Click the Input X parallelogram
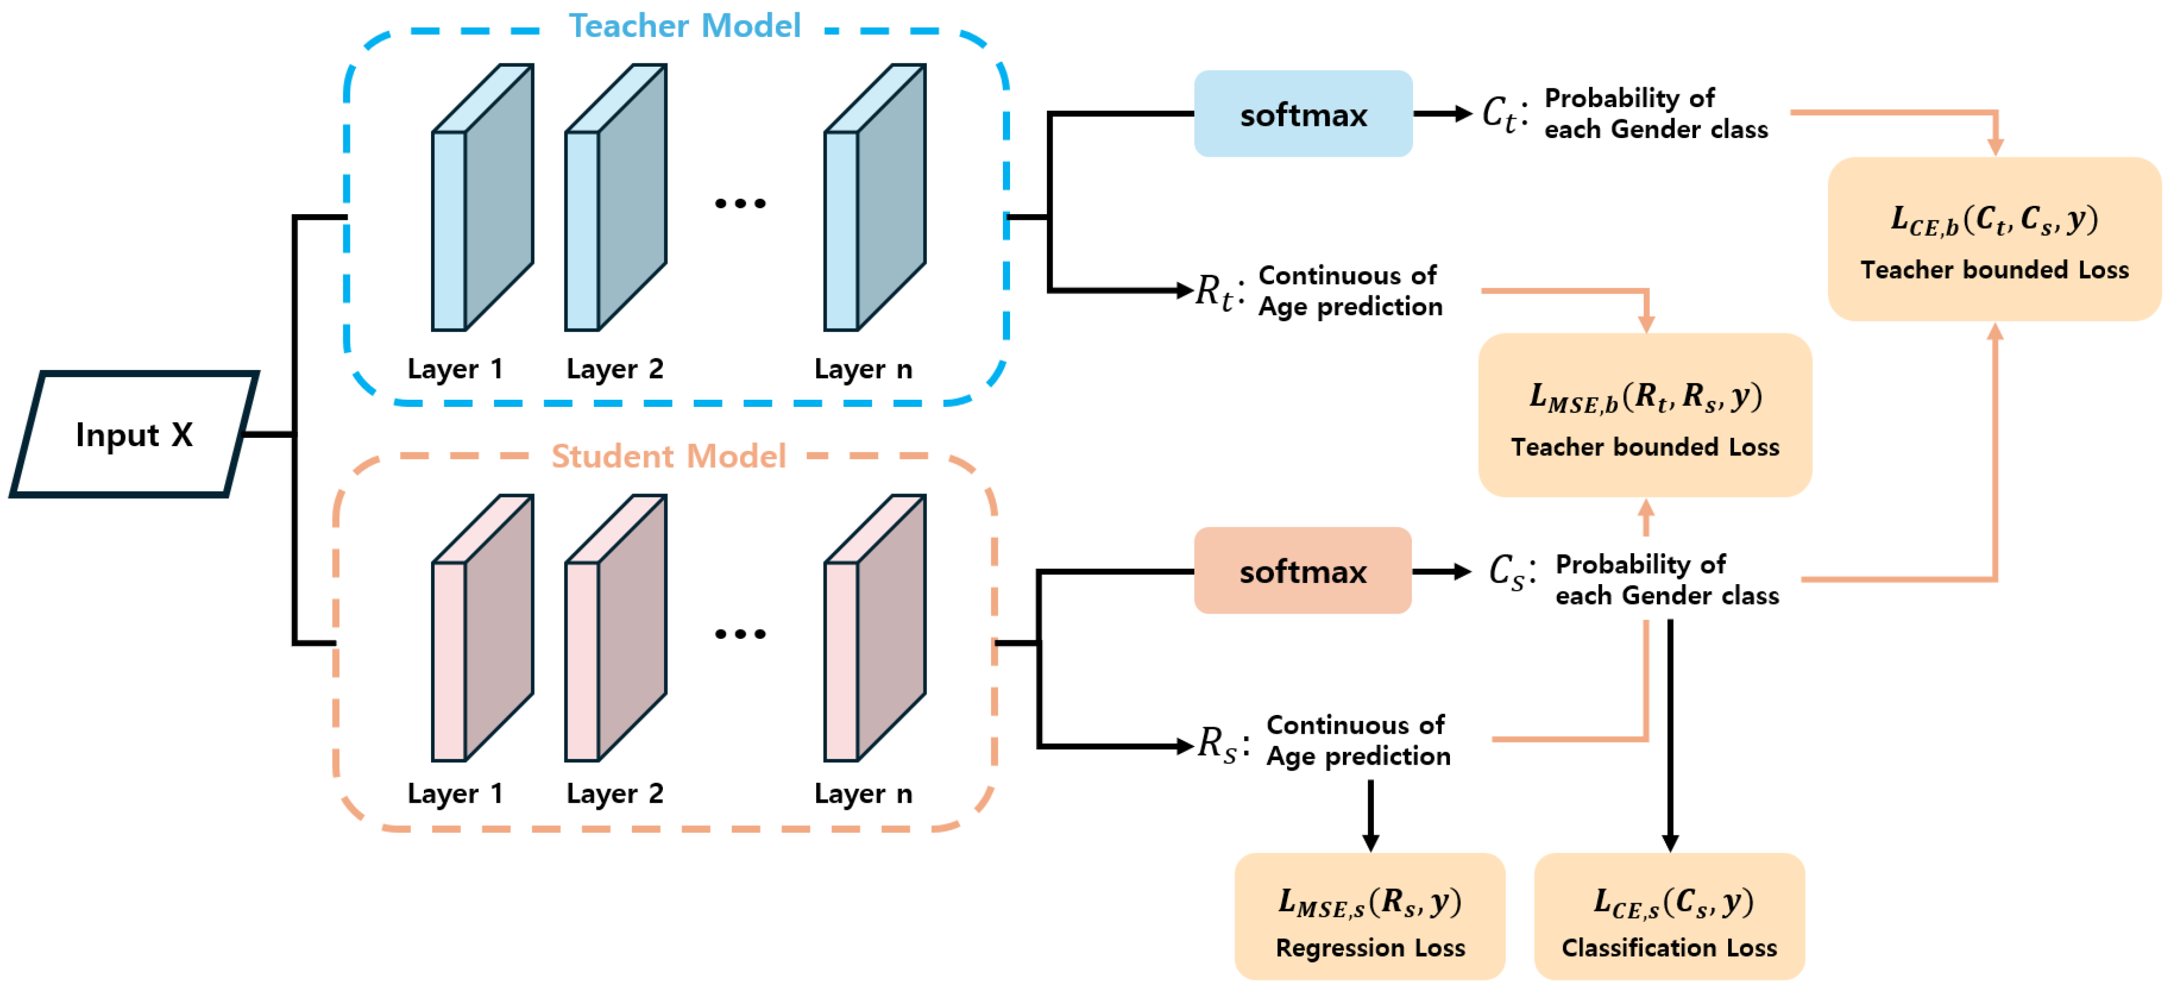(x=135, y=434)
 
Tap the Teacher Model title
(x=683, y=25)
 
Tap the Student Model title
(x=668, y=456)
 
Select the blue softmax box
(x=1303, y=114)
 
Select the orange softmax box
(x=1303, y=571)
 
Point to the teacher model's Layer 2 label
(x=614, y=369)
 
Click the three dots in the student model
(x=740, y=633)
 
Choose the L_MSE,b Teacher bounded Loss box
(x=1645, y=415)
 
